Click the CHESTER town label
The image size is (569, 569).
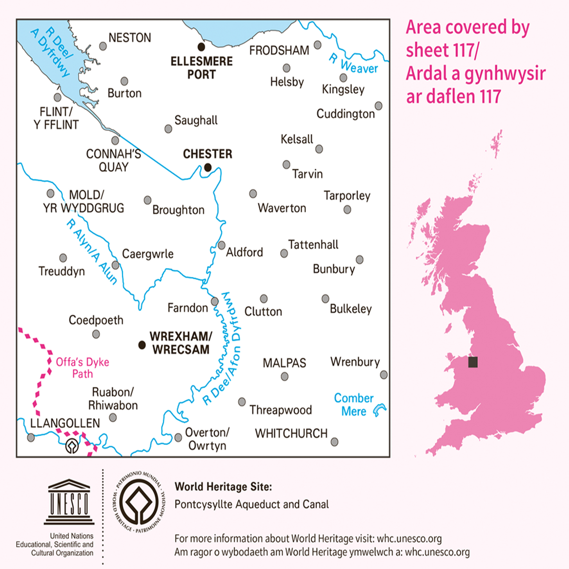point(208,154)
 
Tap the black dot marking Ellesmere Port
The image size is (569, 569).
point(201,47)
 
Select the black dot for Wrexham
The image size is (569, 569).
point(142,345)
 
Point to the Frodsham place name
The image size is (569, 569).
point(279,51)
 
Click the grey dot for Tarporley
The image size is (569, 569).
point(347,209)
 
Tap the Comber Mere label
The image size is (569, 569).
point(354,405)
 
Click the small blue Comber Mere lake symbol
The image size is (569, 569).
point(379,410)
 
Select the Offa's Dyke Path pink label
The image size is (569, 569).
point(82,368)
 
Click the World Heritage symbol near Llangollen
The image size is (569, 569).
point(72,445)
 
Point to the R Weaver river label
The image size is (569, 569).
point(353,64)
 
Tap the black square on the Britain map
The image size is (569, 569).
point(473,362)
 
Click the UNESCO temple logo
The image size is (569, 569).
point(69,502)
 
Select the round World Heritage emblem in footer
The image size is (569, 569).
point(139,502)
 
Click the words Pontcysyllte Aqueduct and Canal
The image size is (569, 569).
point(252,505)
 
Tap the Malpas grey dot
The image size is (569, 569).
point(284,377)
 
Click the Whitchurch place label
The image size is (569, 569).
point(291,433)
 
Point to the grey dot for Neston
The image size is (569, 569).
point(103,46)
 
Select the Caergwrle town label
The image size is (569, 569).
point(148,254)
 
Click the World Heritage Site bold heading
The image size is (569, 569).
point(223,487)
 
